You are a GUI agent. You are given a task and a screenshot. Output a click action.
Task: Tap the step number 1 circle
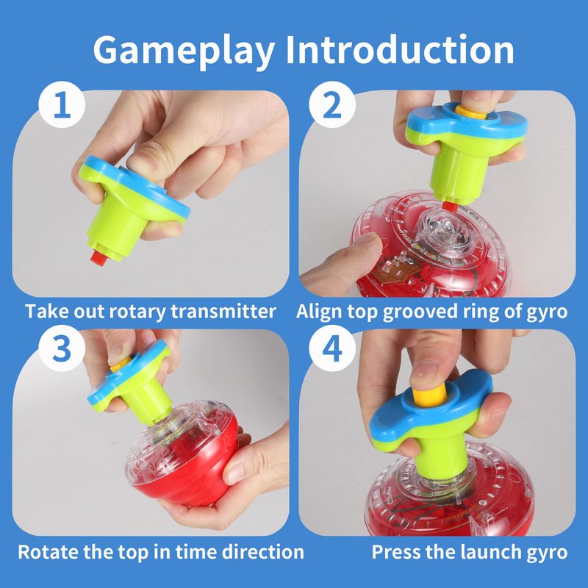pyautogui.click(x=62, y=104)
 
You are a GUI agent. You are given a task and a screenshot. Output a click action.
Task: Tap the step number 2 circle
pyautogui.click(x=332, y=104)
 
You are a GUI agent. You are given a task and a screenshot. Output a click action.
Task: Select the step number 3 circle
pyautogui.click(x=62, y=348)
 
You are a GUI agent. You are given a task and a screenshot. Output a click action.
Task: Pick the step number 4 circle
pyautogui.click(x=332, y=348)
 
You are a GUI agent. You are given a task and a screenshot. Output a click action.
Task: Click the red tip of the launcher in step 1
pyautogui.click(x=98, y=258)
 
